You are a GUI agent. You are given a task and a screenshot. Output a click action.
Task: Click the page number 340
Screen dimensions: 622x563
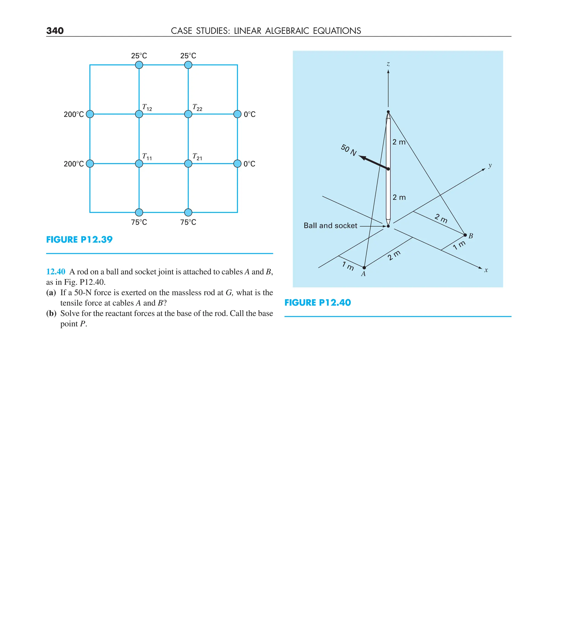coord(55,31)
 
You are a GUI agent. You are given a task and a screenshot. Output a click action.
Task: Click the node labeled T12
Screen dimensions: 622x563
coord(139,114)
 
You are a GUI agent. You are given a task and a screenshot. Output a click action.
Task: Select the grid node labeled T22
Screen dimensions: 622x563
coord(188,114)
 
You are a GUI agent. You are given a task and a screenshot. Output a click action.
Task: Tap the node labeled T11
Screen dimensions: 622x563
coord(139,164)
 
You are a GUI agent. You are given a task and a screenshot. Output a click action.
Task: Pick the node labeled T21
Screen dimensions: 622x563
coord(188,164)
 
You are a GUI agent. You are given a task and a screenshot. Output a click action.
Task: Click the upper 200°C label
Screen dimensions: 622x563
coord(73,114)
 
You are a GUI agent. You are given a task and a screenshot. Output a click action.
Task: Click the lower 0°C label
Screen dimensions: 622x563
coord(249,164)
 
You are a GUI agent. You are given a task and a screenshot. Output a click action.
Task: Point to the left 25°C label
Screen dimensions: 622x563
coord(139,56)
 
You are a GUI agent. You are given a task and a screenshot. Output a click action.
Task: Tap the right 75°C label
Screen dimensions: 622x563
coord(188,222)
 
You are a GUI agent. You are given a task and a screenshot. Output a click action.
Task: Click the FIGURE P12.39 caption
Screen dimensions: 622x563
coord(79,240)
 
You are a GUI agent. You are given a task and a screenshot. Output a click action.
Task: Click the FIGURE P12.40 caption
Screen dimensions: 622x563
coord(318,302)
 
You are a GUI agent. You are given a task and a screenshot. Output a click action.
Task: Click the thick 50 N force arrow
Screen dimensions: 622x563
coord(374,162)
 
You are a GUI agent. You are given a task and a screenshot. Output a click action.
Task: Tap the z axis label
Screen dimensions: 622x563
coord(388,64)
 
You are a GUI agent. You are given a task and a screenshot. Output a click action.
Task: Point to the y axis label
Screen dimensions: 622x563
coord(490,166)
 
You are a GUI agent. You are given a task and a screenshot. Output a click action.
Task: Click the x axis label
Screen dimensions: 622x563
coord(486,270)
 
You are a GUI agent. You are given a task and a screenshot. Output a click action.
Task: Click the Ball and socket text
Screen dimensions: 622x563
coord(330,225)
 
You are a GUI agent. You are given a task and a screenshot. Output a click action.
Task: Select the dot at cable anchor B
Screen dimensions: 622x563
coord(465,235)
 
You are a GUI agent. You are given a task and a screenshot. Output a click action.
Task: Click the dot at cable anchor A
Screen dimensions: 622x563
coord(364,268)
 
